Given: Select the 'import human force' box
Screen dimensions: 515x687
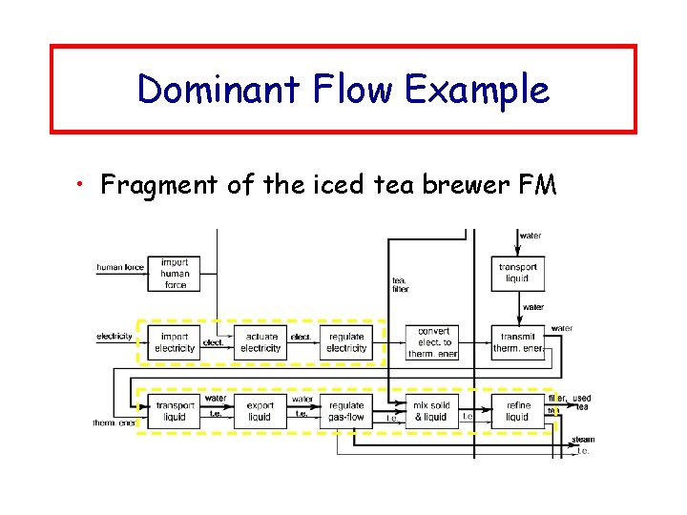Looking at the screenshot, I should (x=175, y=274).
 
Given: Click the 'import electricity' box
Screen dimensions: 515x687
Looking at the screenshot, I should (x=175, y=342).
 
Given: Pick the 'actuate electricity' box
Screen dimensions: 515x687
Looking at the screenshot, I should (x=260, y=342).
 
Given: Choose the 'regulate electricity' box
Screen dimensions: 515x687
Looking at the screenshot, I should (x=346, y=342).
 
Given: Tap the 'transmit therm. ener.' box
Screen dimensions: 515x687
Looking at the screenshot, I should (x=518, y=342).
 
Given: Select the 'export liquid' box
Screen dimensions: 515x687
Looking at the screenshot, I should (x=260, y=411).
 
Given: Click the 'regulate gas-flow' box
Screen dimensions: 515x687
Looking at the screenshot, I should (x=346, y=411).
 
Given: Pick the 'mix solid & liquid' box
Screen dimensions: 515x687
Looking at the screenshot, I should (x=430, y=411).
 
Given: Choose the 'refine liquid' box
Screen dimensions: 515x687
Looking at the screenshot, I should (x=517, y=411).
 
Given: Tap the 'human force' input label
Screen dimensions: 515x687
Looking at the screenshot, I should (x=120, y=268).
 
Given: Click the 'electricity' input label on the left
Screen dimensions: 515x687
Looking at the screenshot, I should (x=114, y=337).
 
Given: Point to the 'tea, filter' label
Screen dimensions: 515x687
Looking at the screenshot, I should (x=401, y=284).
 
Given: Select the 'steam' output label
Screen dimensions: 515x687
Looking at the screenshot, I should (x=582, y=440).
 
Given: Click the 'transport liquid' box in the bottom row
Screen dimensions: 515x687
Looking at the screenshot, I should (x=175, y=411).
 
